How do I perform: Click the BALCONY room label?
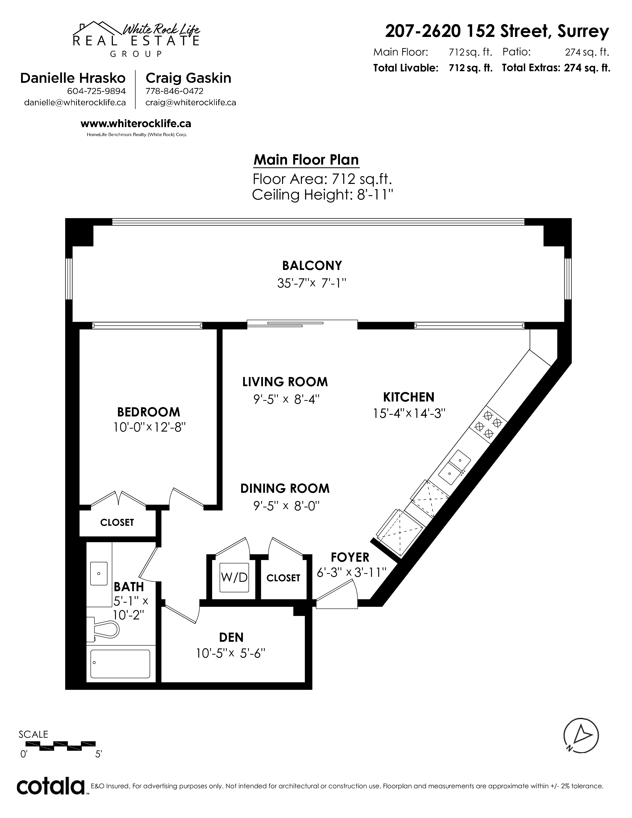(x=312, y=265)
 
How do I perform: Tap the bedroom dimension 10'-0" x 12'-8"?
(x=150, y=427)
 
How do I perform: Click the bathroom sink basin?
(x=99, y=573)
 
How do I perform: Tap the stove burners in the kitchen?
(x=488, y=425)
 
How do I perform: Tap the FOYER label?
(x=350, y=557)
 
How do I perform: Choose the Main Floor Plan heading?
(x=306, y=160)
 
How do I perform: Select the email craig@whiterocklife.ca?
(x=191, y=103)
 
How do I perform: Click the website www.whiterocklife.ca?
(x=136, y=124)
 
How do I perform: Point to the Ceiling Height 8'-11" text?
(x=323, y=195)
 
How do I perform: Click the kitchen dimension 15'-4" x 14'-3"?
(x=409, y=413)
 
